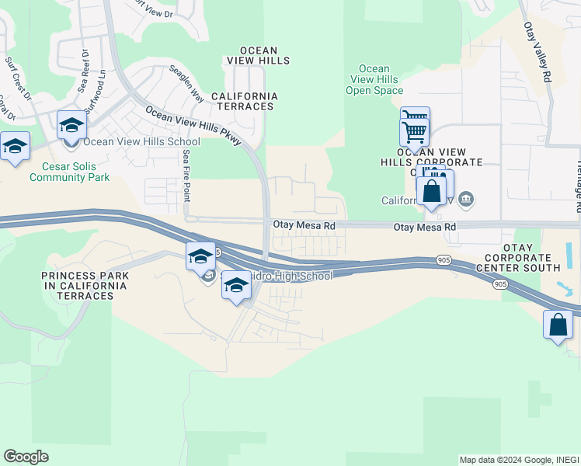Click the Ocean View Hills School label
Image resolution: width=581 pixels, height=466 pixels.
[x=141, y=141]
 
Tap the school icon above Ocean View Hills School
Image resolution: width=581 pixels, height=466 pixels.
[x=71, y=125]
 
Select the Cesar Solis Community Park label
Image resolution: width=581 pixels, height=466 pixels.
[x=70, y=171]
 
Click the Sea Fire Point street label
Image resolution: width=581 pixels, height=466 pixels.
[x=186, y=176]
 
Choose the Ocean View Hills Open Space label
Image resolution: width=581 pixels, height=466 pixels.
[x=374, y=79]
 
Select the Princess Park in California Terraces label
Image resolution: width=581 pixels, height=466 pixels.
[x=85, y=280]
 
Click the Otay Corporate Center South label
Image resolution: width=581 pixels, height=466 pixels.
[x=522, y=263]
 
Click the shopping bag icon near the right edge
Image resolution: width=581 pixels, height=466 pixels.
[x=558, y=325]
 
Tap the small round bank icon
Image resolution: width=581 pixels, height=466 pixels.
[x=465, y=200]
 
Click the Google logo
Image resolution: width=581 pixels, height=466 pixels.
[x=26, y=457]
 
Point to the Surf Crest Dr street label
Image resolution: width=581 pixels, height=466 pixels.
[x=18, y=78]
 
